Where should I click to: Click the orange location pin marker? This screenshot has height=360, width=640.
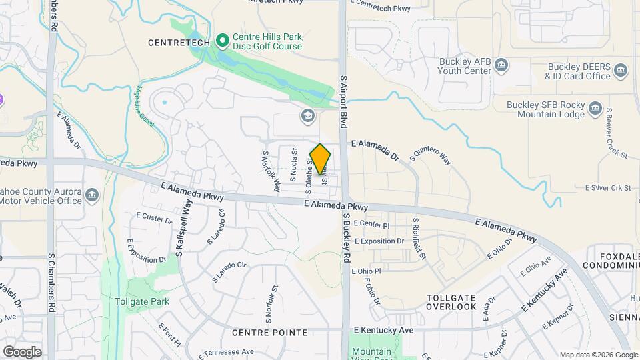tap(321, 159)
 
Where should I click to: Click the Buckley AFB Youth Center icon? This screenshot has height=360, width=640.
tap(502, 65)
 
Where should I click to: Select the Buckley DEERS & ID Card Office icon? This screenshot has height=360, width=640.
tap(620, 70)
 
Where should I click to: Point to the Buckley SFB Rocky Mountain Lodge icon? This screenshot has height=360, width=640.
tap(596, 113)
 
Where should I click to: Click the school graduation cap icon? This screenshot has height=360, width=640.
tap(307, 116)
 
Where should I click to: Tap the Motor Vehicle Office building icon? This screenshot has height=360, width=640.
tap(92, 195)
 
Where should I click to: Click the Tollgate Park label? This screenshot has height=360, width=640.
tap(141, 301)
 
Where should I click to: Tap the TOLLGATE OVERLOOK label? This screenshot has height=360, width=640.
tap(452, 302)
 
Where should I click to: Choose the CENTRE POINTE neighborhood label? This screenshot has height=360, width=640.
tap(269, 332)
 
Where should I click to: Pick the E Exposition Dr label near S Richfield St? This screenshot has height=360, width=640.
tap(379, 241)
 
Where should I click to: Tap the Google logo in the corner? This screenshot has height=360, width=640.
tap(22, 351)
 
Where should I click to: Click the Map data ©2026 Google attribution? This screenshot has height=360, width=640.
tap(597, 355)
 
